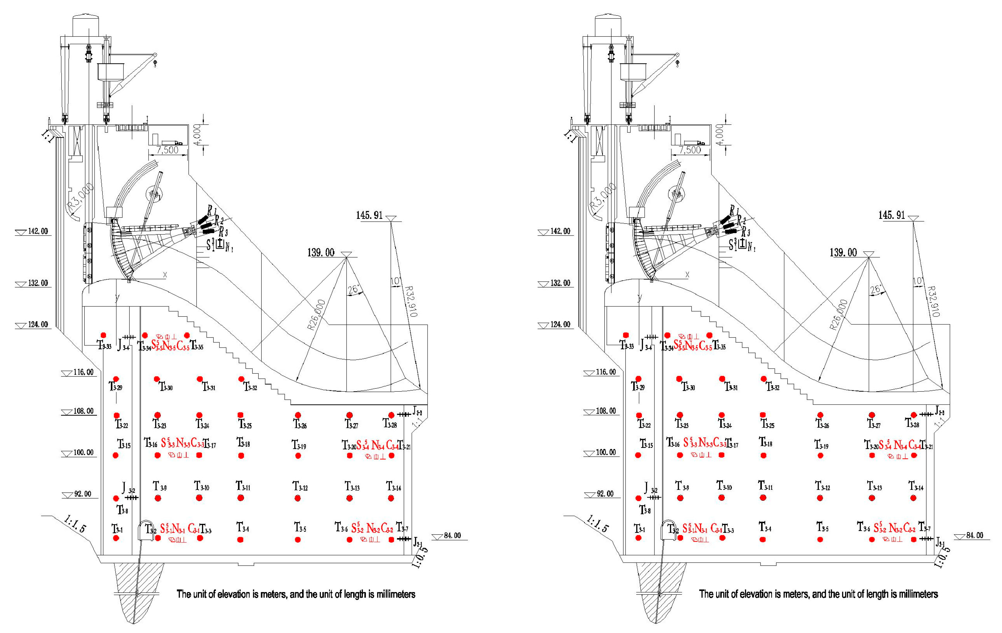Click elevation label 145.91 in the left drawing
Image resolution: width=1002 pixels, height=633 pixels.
click(369, 215)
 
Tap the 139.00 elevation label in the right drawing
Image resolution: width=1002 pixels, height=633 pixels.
click(843, 253)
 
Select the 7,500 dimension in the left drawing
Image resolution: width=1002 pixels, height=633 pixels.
click(167, 150)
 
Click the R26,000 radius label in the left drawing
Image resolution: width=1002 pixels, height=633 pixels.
click(316, 315)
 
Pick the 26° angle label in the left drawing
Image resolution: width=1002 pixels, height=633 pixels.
click(353, 290)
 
